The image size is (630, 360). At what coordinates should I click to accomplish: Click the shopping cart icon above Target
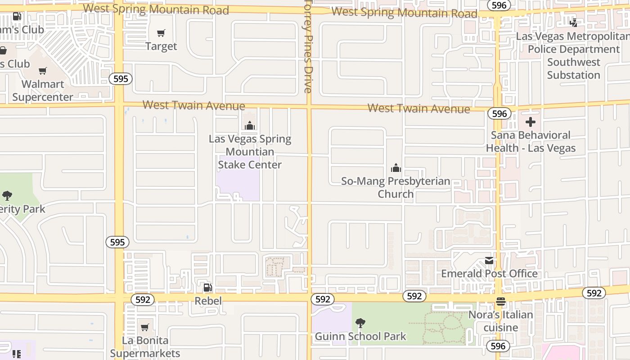point(161,33)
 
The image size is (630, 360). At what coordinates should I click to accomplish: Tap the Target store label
point(161,46)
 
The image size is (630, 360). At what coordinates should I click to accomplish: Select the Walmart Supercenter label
point(43,90)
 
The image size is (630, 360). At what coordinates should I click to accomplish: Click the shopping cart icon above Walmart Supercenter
point(43,71)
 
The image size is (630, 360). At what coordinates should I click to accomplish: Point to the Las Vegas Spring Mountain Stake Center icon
point(250,126)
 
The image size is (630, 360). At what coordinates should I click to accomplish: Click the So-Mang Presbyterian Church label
point(396,187)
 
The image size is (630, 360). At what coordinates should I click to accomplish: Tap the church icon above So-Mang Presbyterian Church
point(396,168)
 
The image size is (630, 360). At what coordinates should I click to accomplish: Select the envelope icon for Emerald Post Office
point(489,261)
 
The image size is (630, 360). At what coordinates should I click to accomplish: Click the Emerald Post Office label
point(489,274)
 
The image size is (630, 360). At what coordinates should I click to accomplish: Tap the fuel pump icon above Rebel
point(207,287)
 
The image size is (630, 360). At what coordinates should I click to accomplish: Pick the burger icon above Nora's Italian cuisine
point(501,301)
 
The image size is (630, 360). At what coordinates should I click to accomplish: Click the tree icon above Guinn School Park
point(360,323)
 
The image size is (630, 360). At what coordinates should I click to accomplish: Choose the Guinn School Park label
point(360,336)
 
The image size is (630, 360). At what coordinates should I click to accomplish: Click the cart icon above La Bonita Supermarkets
point(145,327)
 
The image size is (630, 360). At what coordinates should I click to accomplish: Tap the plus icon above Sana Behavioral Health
point(531,122)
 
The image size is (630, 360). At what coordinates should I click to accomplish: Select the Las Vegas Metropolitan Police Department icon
point(574,22)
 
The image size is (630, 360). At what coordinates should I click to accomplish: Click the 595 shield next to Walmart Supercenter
point(121,79)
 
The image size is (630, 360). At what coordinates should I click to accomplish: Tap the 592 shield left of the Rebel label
point(143,300)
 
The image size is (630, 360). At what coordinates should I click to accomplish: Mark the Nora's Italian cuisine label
point(501,321)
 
